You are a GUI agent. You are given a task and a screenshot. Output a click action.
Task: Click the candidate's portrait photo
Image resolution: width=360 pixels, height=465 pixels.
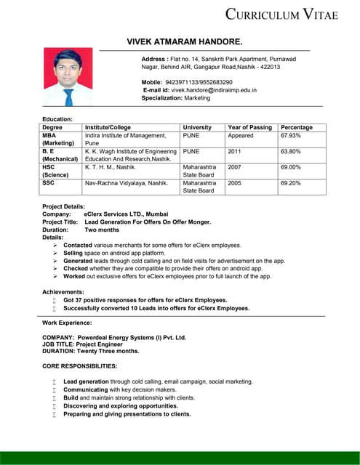(68, 77)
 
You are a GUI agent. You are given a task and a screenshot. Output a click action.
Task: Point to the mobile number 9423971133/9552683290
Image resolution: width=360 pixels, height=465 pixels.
(199, 82)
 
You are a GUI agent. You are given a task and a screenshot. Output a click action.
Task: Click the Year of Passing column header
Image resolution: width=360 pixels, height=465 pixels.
(249, 127)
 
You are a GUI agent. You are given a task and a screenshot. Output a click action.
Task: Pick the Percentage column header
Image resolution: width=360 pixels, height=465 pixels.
(297, 127)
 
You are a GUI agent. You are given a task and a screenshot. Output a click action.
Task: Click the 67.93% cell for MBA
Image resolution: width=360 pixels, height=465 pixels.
(292, 136)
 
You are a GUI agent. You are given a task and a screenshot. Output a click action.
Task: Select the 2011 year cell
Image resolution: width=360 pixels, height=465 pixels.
(234, 152)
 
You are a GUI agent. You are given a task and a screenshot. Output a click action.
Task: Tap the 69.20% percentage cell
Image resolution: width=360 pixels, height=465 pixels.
(292, 183)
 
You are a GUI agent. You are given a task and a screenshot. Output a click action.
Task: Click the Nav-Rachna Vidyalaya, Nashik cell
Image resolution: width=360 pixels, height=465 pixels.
(127, 183)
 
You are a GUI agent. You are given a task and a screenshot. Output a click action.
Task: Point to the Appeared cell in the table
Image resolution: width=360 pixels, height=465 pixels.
(241, 136)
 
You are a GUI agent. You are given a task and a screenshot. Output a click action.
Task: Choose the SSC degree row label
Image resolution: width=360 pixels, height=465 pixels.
(49, 183)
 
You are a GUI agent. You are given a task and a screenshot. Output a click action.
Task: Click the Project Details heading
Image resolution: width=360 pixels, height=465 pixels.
(64, 207)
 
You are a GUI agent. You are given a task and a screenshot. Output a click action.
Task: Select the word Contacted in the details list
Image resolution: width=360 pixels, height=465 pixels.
(78, 246)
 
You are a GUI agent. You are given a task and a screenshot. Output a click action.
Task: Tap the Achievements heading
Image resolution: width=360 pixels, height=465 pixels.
(63, 291)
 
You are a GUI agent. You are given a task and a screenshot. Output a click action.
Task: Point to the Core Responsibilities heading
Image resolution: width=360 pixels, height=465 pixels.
(80, 365)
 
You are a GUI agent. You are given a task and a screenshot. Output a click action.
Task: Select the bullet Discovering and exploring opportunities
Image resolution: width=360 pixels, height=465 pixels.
(121, 406)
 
